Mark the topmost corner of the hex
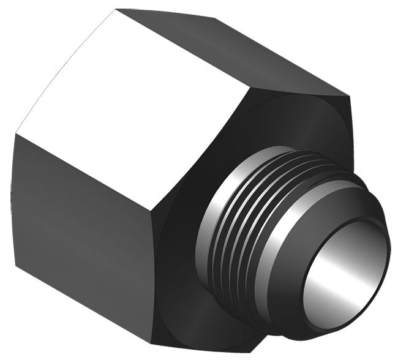pyautogui.click(x=117, y=9)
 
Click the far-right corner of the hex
pyautogui.click(x=348, y=96)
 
